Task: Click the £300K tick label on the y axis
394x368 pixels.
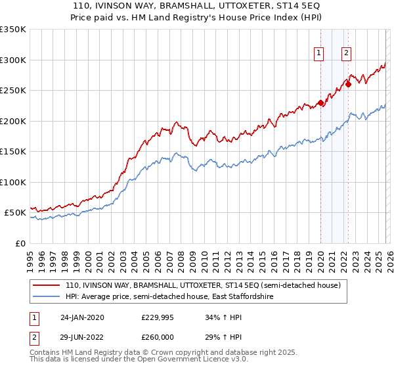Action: (13, 60)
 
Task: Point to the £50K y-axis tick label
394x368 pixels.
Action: (15, 213)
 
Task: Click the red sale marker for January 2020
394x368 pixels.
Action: (320, 103)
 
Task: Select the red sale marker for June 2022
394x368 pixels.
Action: (349, 84)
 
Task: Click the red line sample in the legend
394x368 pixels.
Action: (46, 286)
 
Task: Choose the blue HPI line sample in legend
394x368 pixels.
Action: (46, 297)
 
